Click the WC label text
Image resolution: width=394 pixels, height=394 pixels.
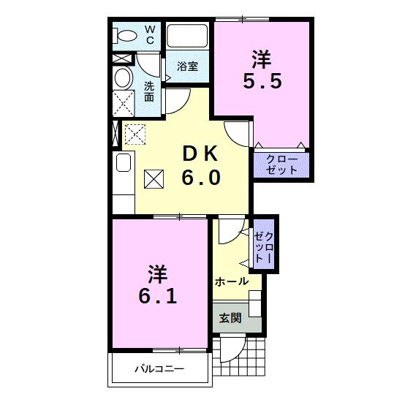(149, 34)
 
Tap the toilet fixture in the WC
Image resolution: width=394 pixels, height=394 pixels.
(127, 34)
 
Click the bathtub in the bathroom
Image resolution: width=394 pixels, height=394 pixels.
(187, 37)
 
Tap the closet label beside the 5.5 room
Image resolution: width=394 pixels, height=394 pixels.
(281, 164)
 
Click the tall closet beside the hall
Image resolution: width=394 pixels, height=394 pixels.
(263, 246)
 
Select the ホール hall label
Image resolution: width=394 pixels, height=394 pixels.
(231, 281)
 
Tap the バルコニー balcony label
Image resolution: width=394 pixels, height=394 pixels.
(159, 369)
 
